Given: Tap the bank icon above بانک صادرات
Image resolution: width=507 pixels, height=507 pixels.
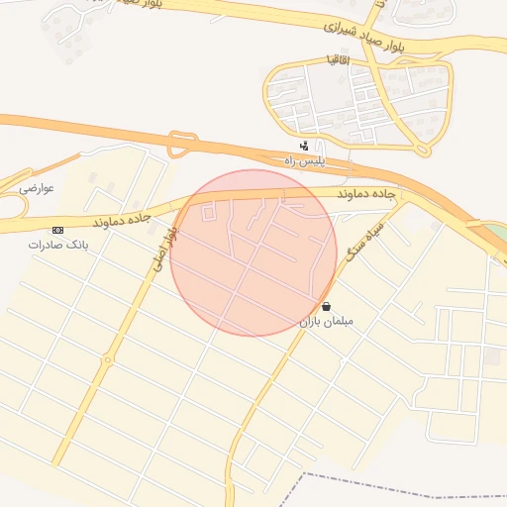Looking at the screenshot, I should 57,230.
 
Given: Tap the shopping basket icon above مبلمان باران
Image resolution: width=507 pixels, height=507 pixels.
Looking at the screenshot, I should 327,307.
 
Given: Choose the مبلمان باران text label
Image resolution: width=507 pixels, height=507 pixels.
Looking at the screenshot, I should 326,322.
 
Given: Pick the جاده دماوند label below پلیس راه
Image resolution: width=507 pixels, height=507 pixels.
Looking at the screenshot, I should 366,195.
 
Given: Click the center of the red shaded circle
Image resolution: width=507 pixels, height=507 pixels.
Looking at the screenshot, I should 253,253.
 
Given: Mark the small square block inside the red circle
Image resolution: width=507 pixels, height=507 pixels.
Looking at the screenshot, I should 209,211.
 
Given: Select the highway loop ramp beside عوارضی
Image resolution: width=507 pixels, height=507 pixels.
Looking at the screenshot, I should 12,205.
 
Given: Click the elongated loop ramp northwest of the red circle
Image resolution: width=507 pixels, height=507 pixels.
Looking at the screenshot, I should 179,146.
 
